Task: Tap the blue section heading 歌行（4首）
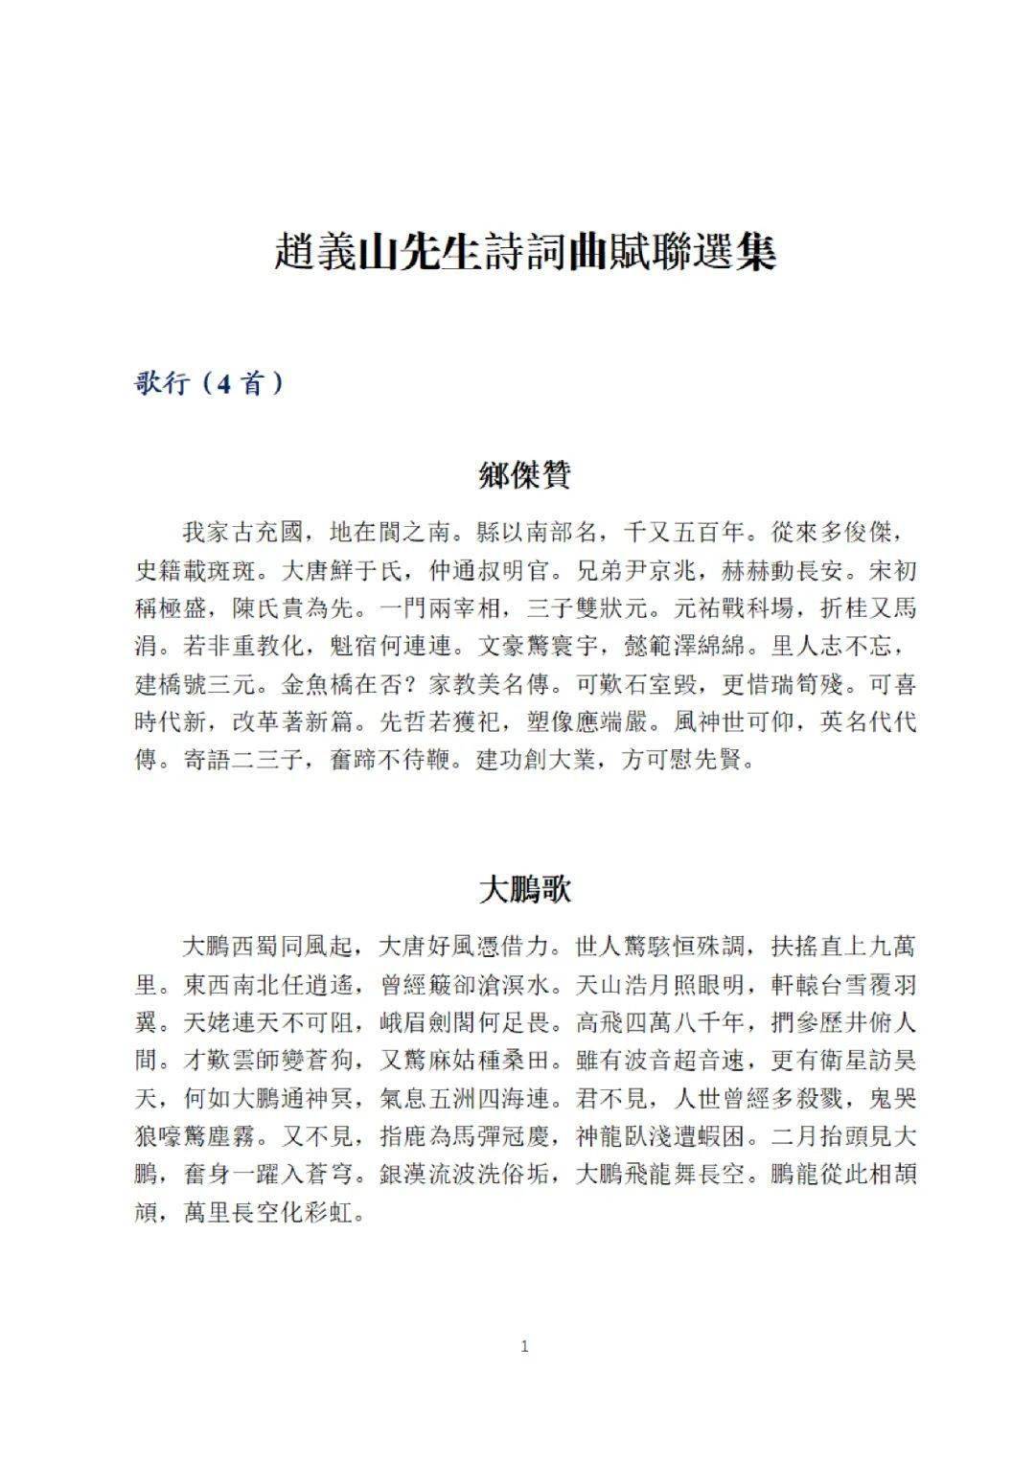tap(209, 383)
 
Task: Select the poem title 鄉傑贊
tap(524, 475)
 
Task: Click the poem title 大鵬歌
tap(524, 890)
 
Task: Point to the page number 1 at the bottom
tap(524, 1346)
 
